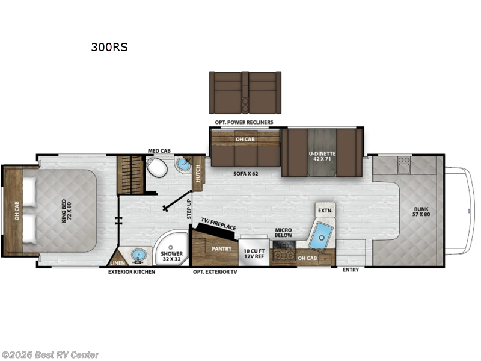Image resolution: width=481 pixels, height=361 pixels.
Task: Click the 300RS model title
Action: tap(109, 46)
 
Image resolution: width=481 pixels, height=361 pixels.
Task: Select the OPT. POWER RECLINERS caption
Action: tap(244, 122)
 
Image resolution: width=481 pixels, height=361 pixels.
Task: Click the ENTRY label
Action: tap(351, 270)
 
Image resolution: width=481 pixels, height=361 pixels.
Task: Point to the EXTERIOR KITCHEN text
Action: tap(131, 272)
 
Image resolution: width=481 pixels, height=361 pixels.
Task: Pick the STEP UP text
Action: tap(188, 208)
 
